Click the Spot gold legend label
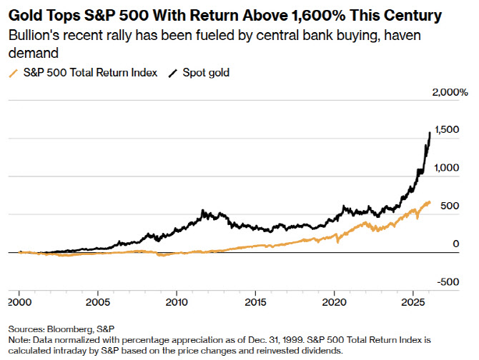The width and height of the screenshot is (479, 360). pos(205,73)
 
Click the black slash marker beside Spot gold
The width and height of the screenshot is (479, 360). pos(172,73)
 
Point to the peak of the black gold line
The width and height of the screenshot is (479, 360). pos(430,132)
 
